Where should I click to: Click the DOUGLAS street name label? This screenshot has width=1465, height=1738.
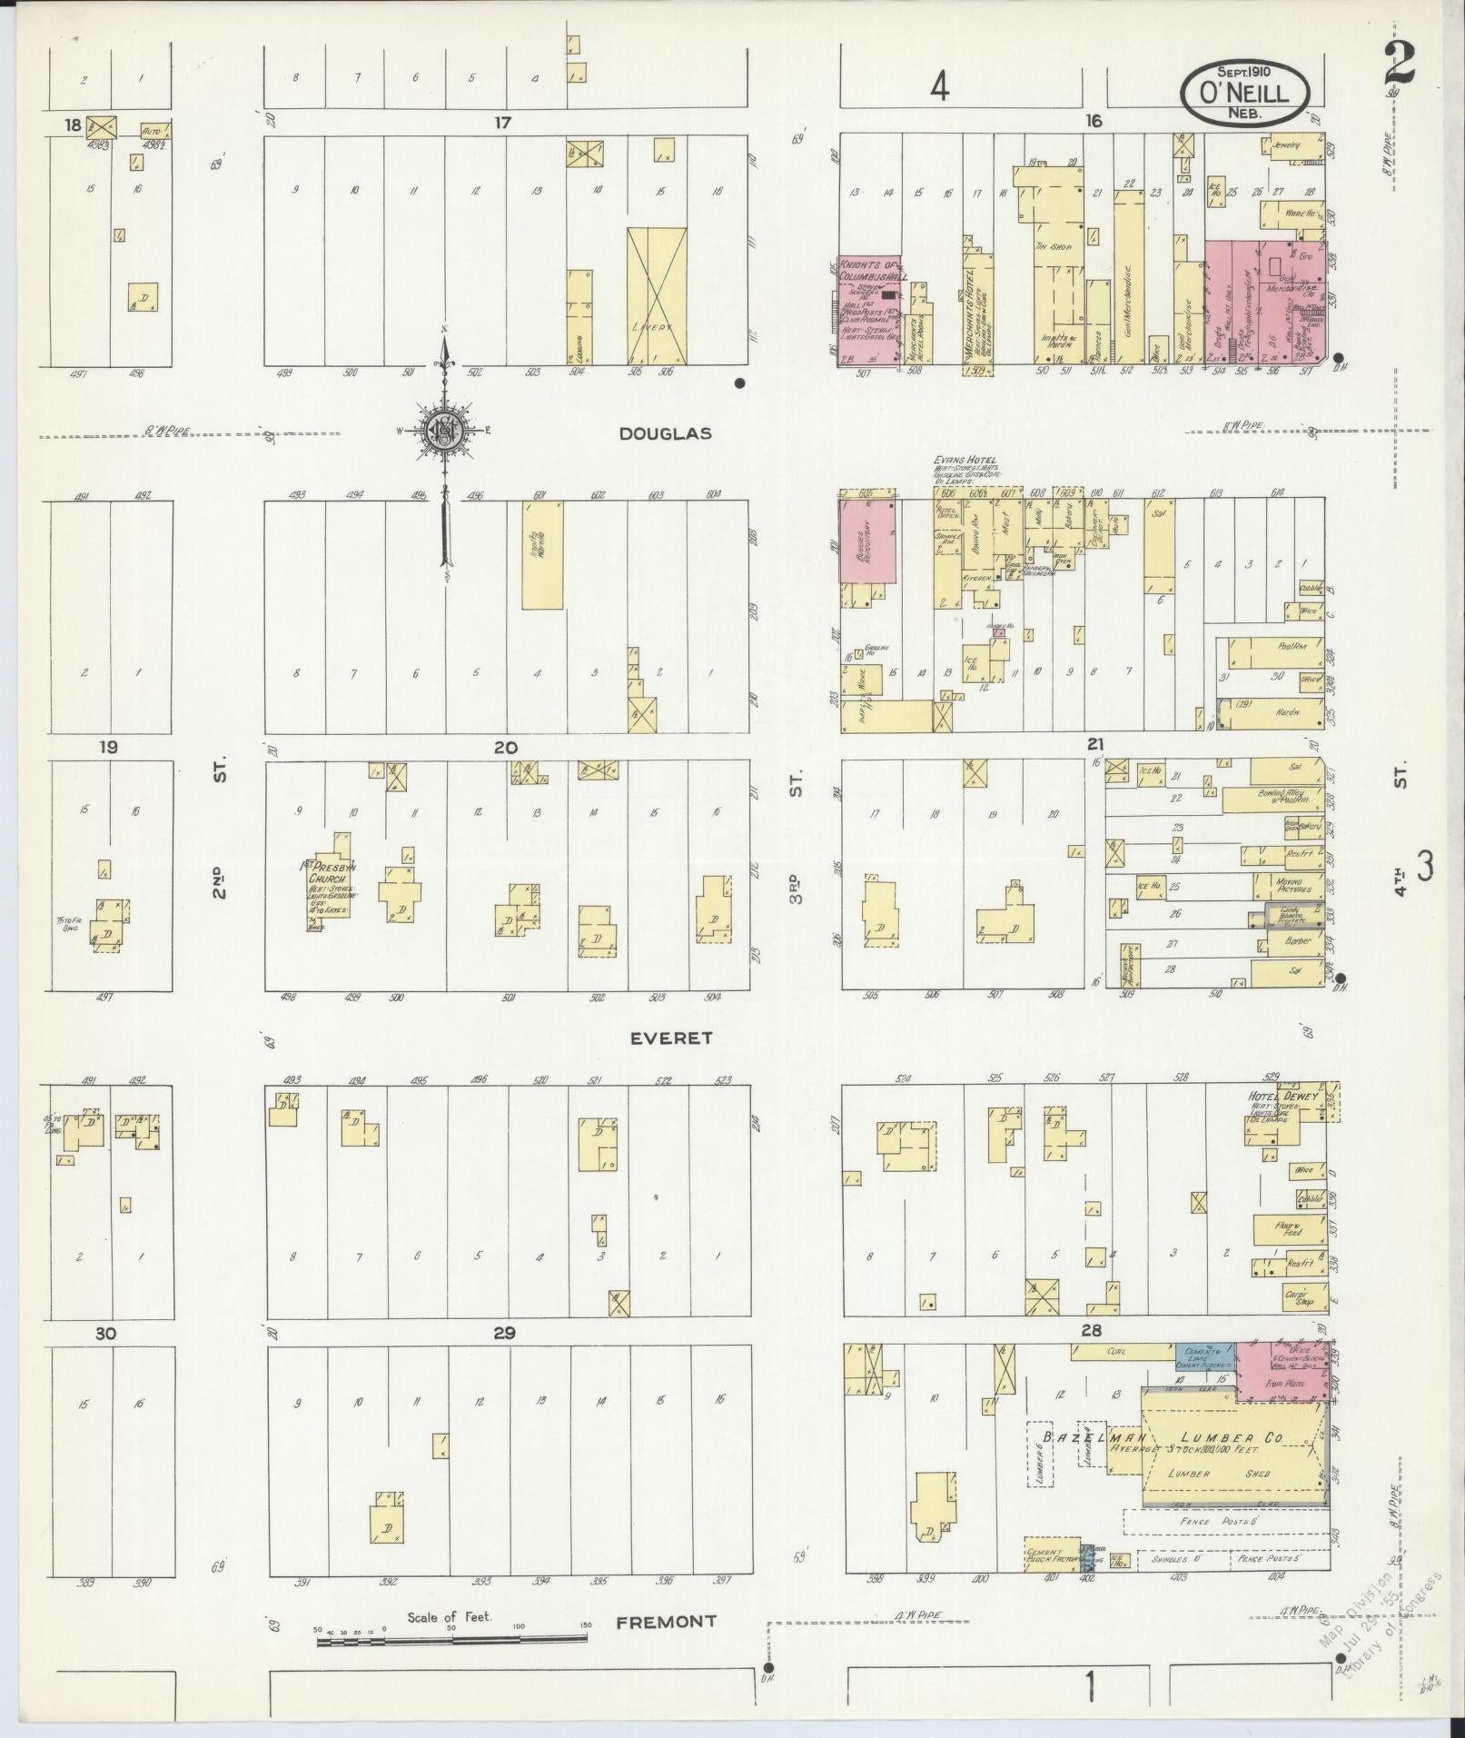pyautogui.click(x=665, y=434)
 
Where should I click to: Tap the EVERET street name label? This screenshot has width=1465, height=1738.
pyautogui.click(x=673, y=1038)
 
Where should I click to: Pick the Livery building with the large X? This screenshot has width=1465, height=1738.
pyautogui.click(x=656, y=296)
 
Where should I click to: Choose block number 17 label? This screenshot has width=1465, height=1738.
pyautogui.click(x=501, y=122)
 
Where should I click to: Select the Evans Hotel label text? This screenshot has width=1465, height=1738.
pyautogui.click(x=964, y=462)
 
